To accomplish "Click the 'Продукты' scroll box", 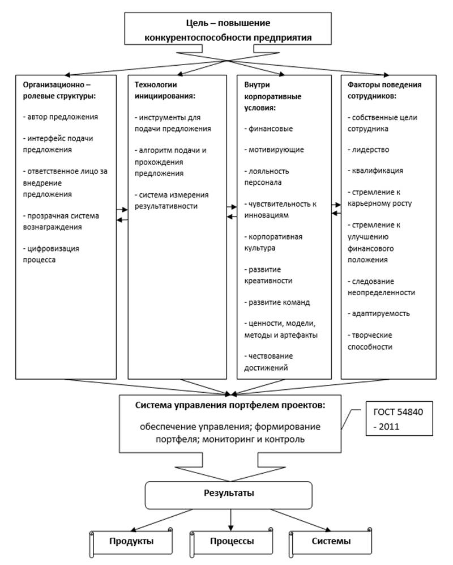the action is pos(131,541).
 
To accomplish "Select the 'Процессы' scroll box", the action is pos(232,541).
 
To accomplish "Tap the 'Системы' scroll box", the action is pos(331,541).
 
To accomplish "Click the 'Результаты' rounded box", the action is pos(229,495).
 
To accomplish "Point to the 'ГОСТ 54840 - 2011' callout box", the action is pos(399,419).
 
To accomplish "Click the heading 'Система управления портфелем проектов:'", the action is pos(230,405).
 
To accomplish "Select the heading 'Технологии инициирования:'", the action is pos(165,90).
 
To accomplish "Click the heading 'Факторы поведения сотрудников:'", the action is pos(384,90).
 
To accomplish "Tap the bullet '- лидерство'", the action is pos(368,150).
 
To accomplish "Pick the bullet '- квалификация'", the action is pos(375,171).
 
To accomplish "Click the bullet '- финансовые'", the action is pos(268,129).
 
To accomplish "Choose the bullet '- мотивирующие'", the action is pos(274,150).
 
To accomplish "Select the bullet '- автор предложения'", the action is pos(61,117).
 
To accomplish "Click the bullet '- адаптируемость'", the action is pos(378,313).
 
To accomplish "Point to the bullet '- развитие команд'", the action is pos(277,302).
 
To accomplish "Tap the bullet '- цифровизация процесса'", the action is pos(51,254).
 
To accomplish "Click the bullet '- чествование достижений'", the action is pos(268,362).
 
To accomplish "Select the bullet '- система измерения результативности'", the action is pos(172,201).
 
